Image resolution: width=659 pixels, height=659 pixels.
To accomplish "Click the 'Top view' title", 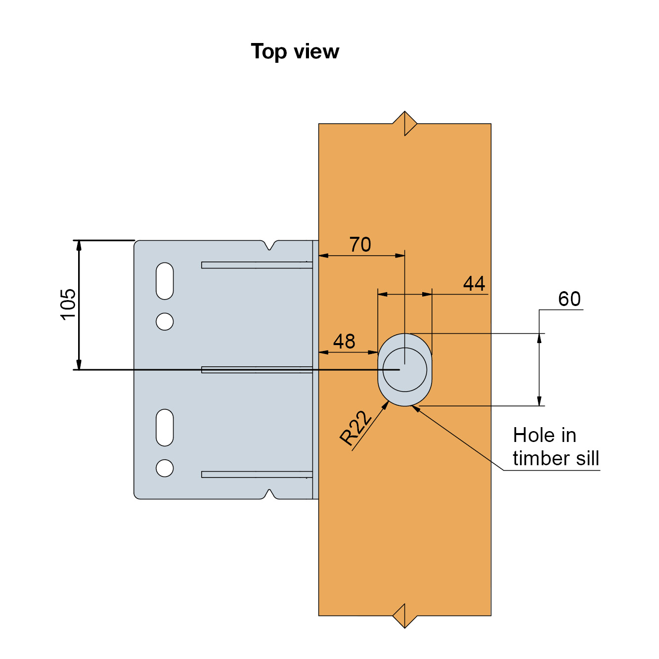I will click(x=295, y=51).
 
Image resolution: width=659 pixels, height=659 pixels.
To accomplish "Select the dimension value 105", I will click(x=68, y=304).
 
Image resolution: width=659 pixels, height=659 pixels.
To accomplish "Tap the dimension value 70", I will click(x=360, y=245).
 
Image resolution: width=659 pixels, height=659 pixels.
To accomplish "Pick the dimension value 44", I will click(x=474, y=284).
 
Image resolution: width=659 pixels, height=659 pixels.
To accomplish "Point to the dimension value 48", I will click(x=344, y=342).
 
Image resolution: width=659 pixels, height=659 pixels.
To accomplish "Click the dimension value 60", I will click(x=569, y=299).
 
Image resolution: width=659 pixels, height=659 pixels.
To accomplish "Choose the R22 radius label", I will click(x=355, y=428).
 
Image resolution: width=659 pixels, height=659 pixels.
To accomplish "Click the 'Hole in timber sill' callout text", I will click(x=555, y=447).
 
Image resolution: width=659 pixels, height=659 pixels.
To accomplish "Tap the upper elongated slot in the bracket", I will click(x=165, y=281).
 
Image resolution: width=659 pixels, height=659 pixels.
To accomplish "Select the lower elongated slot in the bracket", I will click(x=165, y=428).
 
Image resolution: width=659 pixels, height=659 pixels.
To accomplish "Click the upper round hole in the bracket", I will click(x=165, y=321).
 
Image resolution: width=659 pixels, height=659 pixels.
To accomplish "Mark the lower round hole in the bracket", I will click(x=165, y=468).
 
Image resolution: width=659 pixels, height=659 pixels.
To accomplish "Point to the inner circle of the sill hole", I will click(x=405, y=370).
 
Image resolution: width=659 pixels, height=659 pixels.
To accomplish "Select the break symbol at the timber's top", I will click(x=405, y=123).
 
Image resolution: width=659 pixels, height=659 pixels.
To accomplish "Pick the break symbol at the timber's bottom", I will click(x=405, y=616).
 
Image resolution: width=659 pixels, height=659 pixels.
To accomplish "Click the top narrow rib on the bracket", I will click(x=257, y=265).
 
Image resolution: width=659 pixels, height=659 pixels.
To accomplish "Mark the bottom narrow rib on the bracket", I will click(x=257, y=475).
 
